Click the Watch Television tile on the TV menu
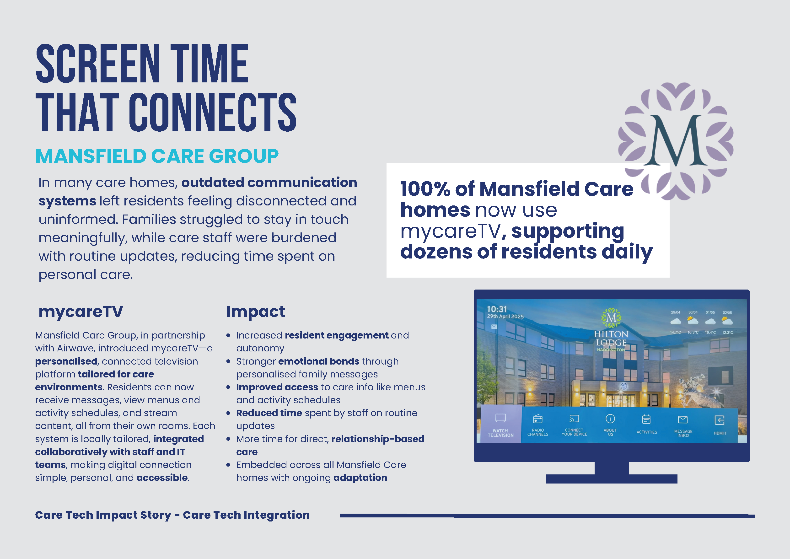click(500, 424)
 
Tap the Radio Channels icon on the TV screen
click(538, 419)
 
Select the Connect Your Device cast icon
click(574, 419)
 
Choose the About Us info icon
click(610, 419)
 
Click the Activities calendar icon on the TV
click(646, 419)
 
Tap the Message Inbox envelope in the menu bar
click(683, 419)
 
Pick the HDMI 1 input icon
click(720, 420)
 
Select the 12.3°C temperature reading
click(727, 333)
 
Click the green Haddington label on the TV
click(611, 350)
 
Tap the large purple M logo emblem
click(676, 141)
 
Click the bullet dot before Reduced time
click(228, 413)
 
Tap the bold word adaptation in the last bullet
click(360, 478)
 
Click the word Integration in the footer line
click(277, 515)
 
